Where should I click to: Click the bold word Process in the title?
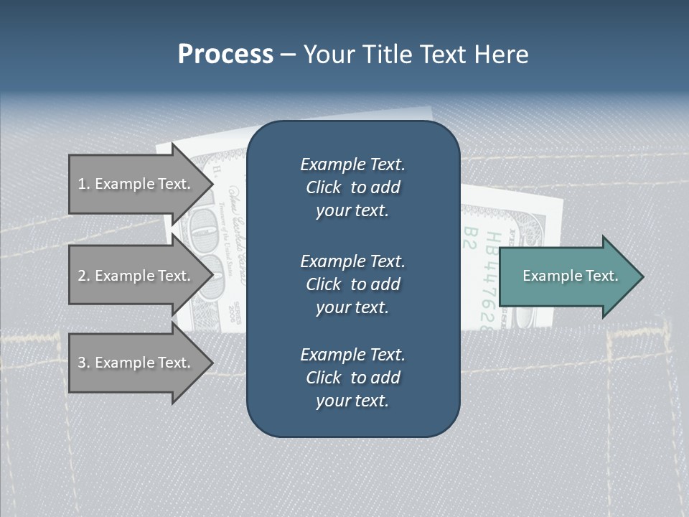[x=225, y=55]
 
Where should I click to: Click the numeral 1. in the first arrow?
[x=84, y=184]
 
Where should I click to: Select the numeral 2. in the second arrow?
[x=84, y=276]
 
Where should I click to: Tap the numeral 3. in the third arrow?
[x=84, y=363]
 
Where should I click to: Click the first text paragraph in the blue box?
[x=352, y=187]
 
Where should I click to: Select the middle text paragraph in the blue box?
[x=352, y=284]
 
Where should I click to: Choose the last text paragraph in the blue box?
[x=352, y=378]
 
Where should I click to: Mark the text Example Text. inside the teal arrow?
[x=571, y=276]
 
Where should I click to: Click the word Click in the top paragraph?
[x=324, y=187]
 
